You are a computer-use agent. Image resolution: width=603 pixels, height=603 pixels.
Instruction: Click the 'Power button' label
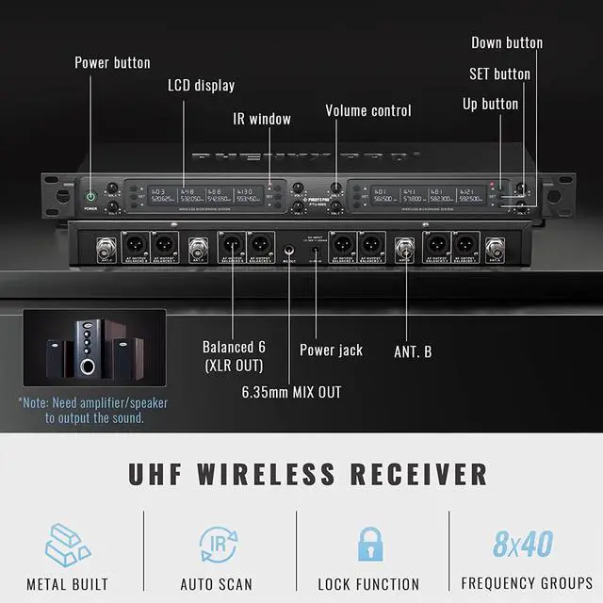pyautogui.click(x=112, y=63)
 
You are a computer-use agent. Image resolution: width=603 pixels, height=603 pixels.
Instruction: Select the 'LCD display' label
pyautogui.click(x=201, y=86)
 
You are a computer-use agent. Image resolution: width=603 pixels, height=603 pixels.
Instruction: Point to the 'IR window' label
pyautogui.click(x=262, y=120)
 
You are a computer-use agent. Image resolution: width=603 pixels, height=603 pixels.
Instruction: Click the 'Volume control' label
pyautogui.click(x=368, y=111)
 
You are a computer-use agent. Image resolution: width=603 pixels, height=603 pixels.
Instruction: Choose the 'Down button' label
pyautogui.click(x=507, y=42)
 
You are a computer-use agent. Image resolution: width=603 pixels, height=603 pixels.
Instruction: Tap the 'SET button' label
pyautogui.click(x=499, y=73)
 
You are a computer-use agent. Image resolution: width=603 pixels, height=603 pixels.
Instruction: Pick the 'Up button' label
pyautogui.click(x=490, y=104)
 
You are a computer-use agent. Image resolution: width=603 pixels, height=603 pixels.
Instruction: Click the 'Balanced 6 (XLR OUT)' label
pyautogui.click(x=233, y=354)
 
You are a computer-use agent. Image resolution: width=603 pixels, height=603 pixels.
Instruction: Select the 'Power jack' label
pyautogui.click(x=331, y=350)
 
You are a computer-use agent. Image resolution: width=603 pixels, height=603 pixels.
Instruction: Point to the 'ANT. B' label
pyautogui.click(x=413, y=352)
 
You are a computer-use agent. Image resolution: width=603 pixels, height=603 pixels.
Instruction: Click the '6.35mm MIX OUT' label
pyautogui.click(x=291, y=392)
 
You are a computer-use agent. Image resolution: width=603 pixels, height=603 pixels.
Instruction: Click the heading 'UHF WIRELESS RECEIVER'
pyautogui.click(x=308, y=473)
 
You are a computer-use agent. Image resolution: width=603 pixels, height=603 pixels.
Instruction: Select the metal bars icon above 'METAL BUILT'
pyautogui.click(x=67, y=544)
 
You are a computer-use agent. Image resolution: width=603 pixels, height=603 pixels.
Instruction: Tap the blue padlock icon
pyautogui.click(x=367, y=544)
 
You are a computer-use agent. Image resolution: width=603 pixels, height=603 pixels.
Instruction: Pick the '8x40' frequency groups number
pyautogui.click(x=522, y=544)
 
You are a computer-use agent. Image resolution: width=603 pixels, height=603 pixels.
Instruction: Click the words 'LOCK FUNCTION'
pyautogui.click(x=368, y=584)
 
